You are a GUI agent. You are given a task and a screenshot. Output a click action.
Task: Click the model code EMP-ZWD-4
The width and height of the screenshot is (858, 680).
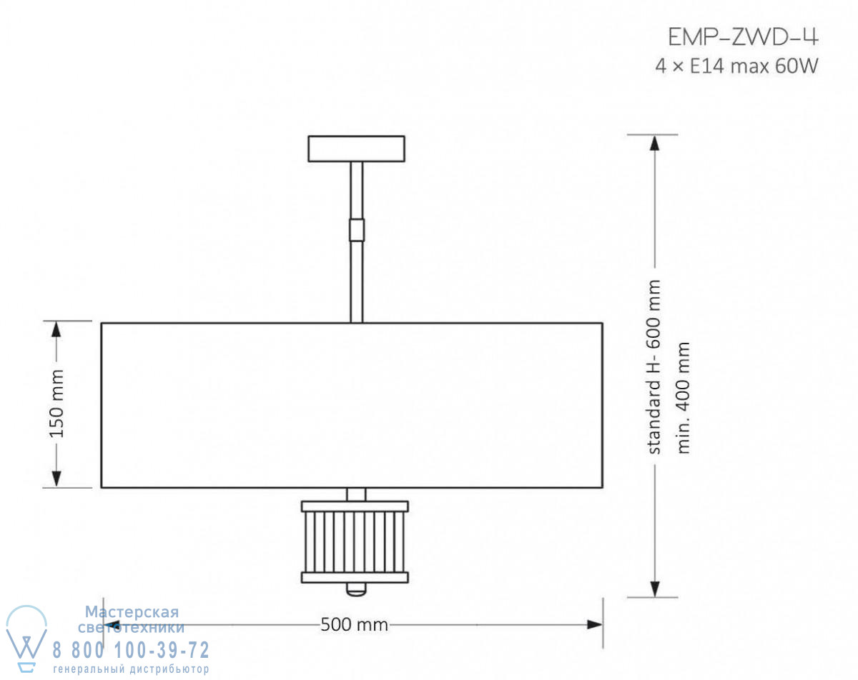(x=743, y=37)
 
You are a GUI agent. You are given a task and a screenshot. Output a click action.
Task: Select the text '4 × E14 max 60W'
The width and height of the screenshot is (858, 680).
(x=736, y=66)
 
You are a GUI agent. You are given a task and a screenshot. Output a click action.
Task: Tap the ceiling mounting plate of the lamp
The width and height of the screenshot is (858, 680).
(x=357, y=149)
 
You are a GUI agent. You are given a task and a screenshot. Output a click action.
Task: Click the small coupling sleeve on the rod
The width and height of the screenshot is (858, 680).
(x=357, y=230)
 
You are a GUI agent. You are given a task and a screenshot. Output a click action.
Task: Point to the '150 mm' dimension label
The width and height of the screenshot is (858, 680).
(x=57, y=404)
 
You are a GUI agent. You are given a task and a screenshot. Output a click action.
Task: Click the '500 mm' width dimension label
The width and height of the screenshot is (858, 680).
(x=354, y=624)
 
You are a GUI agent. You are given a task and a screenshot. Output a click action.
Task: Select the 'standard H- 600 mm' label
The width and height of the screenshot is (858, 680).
(x=654, y=367)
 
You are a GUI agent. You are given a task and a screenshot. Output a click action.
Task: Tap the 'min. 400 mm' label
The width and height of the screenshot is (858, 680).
(x=683, y=398)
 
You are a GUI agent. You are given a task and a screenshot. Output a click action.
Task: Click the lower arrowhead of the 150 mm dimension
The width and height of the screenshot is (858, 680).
(x=56, y=479)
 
